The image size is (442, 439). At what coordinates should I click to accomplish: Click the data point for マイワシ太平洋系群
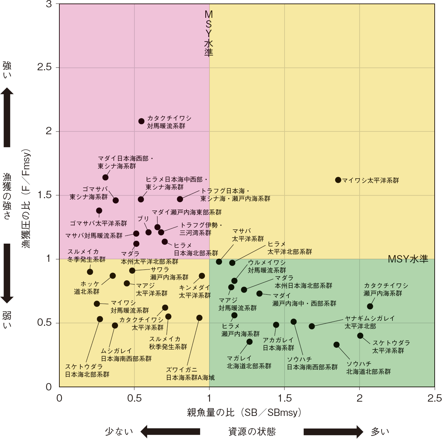click(x=338, y=180)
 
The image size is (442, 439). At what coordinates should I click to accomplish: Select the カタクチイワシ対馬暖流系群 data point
click(x=141, y=121)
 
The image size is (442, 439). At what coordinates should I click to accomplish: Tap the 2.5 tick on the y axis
click(x=44, y=67)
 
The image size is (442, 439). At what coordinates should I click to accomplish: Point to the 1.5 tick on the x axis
click(x=284, y=398)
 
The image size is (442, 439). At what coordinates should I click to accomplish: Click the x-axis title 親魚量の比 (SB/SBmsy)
click(x=244, y=412)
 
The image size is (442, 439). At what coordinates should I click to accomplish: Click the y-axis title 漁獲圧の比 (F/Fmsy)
click(x=27, y=199)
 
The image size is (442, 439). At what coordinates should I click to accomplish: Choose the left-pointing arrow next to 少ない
click(x=170, y=431)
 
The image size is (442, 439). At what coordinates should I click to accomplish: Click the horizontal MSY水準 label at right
click(x=408, y=259)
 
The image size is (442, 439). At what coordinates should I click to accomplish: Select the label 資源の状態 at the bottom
click(x=252, y=431)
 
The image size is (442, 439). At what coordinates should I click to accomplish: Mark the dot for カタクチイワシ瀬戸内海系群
click(x=370, y=307)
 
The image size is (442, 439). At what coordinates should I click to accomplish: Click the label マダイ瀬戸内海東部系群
click(x=186, y=212)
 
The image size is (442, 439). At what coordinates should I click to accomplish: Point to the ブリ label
click(x=143, y=219)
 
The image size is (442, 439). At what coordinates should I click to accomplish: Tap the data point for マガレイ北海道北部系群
click(x=249, y=342)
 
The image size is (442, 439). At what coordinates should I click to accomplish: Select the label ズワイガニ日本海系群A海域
click(x=190, y=374)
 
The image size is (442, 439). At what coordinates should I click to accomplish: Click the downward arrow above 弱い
click(x=7, y=273)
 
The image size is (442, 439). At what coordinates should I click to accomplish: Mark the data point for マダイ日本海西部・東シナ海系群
click(x=105, y=178)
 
